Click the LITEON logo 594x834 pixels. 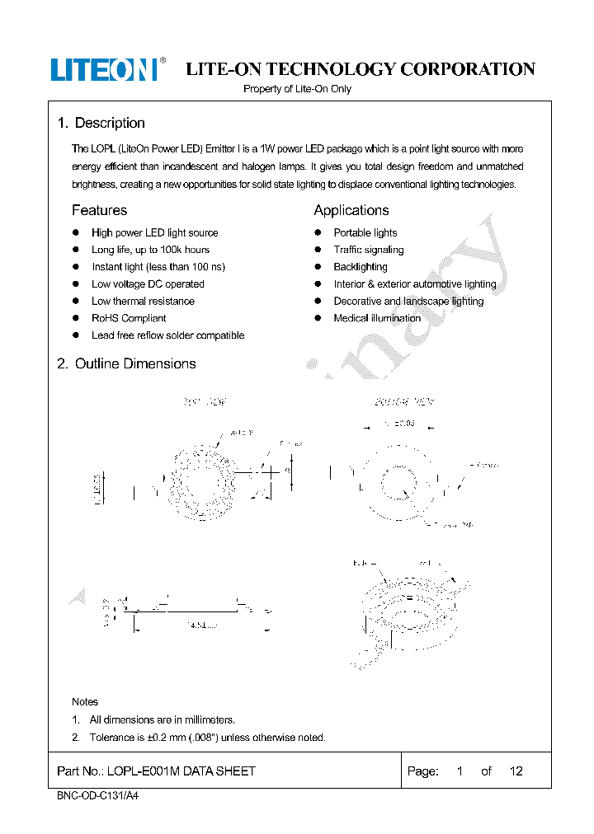point(105,69)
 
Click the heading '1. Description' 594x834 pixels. point(101,123)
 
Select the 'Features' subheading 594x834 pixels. point(99,210)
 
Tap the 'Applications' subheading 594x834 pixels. point(351,210)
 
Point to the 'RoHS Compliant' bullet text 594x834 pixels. point(129,318)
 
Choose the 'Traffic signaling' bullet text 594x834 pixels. point(368,250)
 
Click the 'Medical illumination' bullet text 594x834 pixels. point(377,318)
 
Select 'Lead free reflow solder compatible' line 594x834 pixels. point(167,335)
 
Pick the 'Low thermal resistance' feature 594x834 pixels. point(143,301)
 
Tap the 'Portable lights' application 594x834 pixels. point(365,232)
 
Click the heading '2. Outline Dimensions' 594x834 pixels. point(126,363)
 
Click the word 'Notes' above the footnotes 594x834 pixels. point(85,701)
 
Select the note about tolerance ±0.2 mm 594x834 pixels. point(207,738)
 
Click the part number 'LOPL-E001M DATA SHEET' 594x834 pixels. point(156,771)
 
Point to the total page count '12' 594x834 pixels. point(516,771)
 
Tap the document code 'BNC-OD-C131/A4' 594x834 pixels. point(92,797)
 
